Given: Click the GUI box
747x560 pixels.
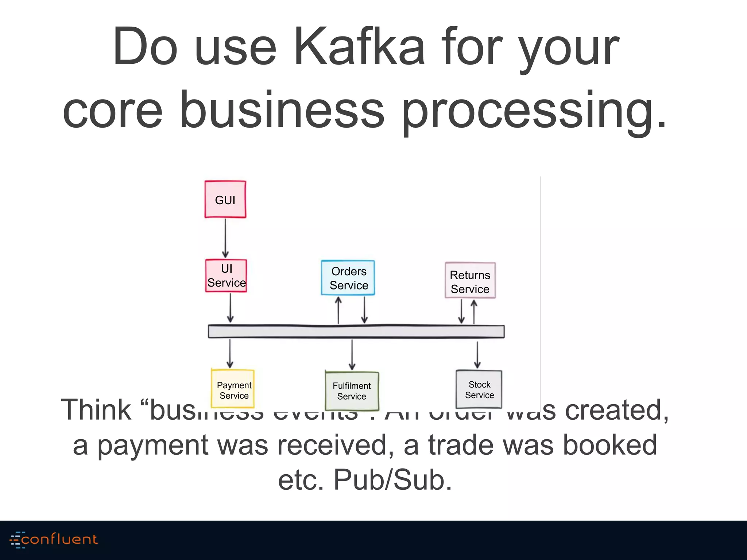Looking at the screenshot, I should pyautogui.click(x=225, y=199).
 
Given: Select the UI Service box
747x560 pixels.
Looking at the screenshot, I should pyautogui.click(x=226, y=276).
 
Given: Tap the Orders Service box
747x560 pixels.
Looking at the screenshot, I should pyautogui.click(x=348, y=278).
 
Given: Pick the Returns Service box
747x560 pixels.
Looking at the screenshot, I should pyautogui.click(x=470, y=280).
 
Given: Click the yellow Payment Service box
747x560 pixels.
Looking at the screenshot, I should pyautogui.click(x=233, y=389).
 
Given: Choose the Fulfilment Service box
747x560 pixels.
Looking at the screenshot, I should pyautogui.click(x=352, y=390).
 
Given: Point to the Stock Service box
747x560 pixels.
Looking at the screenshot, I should pyautogui.click(x=479, y=389).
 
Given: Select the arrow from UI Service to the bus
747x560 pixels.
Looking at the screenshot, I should pyautogui.click(x=230, y=308).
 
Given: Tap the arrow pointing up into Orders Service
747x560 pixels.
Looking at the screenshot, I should pyautogui.click(x=338, y=310).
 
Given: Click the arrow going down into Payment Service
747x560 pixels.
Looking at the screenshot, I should pyautogui.click(x=230, y=353).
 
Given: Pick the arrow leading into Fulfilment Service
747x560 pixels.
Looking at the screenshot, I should pyautogui.click(x=352, y=354).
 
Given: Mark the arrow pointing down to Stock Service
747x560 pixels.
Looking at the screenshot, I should pyautogui.click(x=477, y=354).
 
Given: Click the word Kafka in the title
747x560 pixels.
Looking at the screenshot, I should pyautogui.click(x=359, y=47).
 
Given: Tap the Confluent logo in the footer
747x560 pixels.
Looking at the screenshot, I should pyautogui.click(x=54, y=540).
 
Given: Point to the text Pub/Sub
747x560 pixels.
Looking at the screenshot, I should pyautogui.click(x=392, y=480).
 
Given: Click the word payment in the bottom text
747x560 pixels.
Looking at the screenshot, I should pyautogui.click(x=152, y=446).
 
